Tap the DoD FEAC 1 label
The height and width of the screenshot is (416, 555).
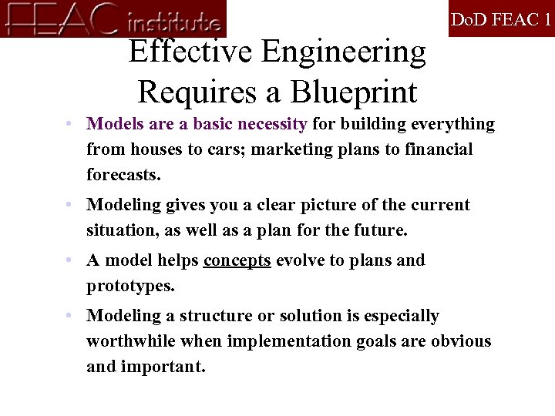[501, 19]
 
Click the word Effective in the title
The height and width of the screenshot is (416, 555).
[190, 52]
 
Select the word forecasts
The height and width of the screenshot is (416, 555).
[123, 174]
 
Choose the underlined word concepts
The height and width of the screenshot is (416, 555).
[237, 260]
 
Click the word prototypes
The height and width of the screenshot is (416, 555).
[130, 286]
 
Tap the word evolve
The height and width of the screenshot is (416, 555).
[300, 260]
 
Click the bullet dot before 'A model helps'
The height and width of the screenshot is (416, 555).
[69, 260]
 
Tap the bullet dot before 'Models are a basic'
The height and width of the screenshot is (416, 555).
[69, 124]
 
